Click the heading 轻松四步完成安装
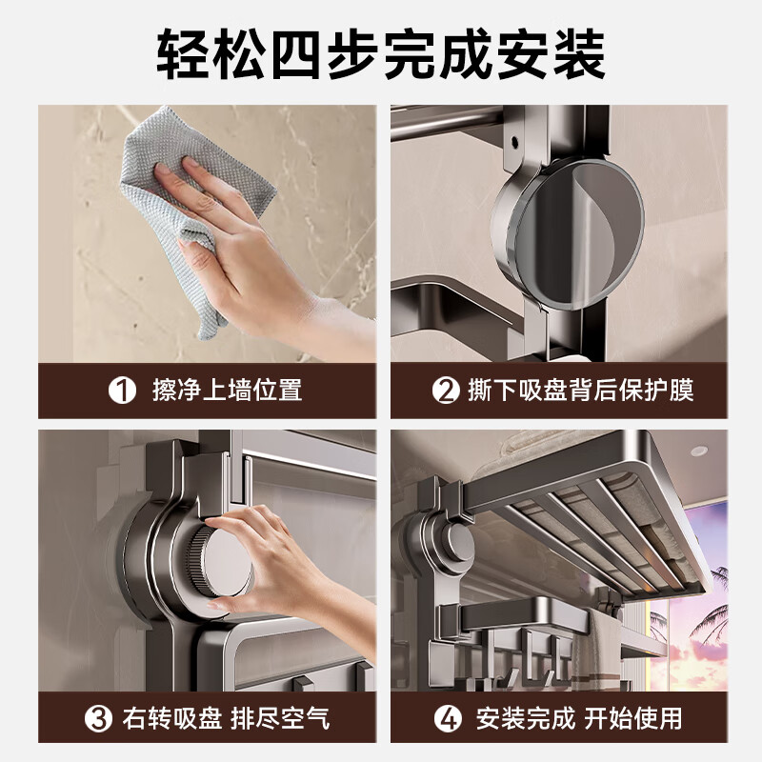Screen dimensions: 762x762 pos(381,54)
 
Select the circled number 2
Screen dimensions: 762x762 pos(445,391)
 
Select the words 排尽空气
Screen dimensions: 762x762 pos(280,717)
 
